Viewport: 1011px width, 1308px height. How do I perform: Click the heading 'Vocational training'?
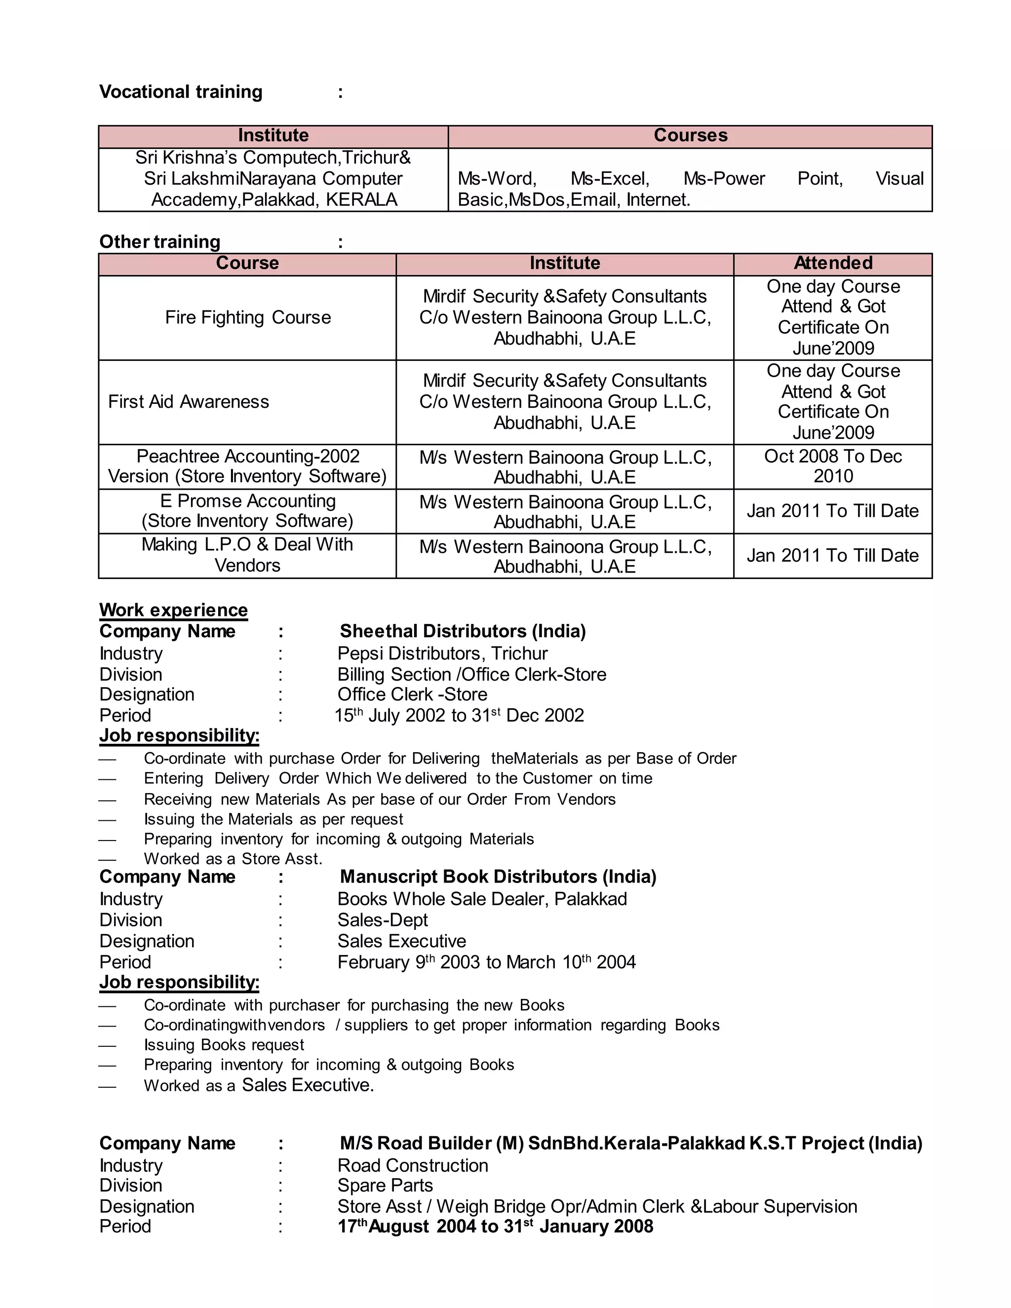pos(180,92)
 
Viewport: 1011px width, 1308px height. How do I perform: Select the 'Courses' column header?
pos(690,135)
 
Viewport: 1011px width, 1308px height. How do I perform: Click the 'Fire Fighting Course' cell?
pos(247,317)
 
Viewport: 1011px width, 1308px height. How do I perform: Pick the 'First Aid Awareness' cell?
pos(189,402)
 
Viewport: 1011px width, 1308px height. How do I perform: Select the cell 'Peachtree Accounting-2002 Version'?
pos(247,466)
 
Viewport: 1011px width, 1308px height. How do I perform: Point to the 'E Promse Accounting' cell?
pos(247,511)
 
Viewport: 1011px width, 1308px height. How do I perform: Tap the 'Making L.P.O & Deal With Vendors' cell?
pos(247,555)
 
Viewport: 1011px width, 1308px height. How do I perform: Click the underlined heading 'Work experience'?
pos(173,610)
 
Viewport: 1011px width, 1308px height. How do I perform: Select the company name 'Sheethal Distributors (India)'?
pos(463,631)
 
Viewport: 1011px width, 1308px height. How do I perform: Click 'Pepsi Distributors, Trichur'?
pos(442,654)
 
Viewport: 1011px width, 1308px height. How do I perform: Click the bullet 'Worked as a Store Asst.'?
pos(233,859)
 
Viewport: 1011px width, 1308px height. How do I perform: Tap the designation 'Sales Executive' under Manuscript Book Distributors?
pos(401,941)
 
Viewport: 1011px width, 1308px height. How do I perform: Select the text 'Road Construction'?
pos(413,1165)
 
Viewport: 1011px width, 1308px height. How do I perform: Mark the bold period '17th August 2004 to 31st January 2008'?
pos(495,1227)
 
